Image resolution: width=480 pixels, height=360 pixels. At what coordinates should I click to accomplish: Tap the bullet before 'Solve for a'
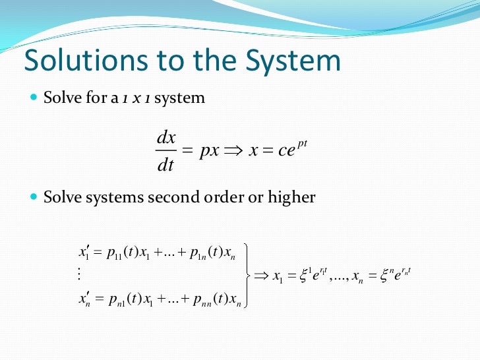click(x=34, y=98)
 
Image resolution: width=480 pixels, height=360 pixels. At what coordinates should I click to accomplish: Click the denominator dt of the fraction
click(x=165, y=165)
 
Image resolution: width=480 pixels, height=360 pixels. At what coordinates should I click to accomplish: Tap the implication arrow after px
click(x=234, y=151)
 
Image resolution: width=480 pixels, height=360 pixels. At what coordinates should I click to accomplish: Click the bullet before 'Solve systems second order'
click(x=34, y=197)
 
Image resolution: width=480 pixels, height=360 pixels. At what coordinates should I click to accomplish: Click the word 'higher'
click(x=291, y=197)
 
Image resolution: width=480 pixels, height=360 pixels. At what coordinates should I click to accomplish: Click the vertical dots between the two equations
click(x=79, y=274)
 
